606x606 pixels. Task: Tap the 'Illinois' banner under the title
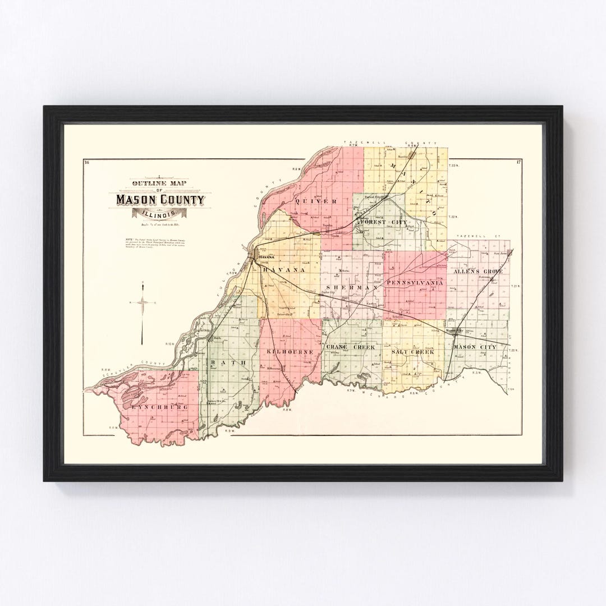coord(161,214)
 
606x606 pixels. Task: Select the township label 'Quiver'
coord(319,201)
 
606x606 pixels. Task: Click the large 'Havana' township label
coord(285,270)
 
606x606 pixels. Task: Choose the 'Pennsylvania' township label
coord(415,283)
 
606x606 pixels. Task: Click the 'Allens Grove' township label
coord(478,271)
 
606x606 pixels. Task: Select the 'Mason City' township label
coord(474,347)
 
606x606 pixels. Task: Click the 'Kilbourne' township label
coord(288,351)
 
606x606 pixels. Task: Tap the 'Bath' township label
coord(228,364)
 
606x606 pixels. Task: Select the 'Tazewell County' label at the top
coord(391,143)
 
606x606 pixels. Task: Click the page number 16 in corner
coord(86,163)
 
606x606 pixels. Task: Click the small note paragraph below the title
coord(160,245)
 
